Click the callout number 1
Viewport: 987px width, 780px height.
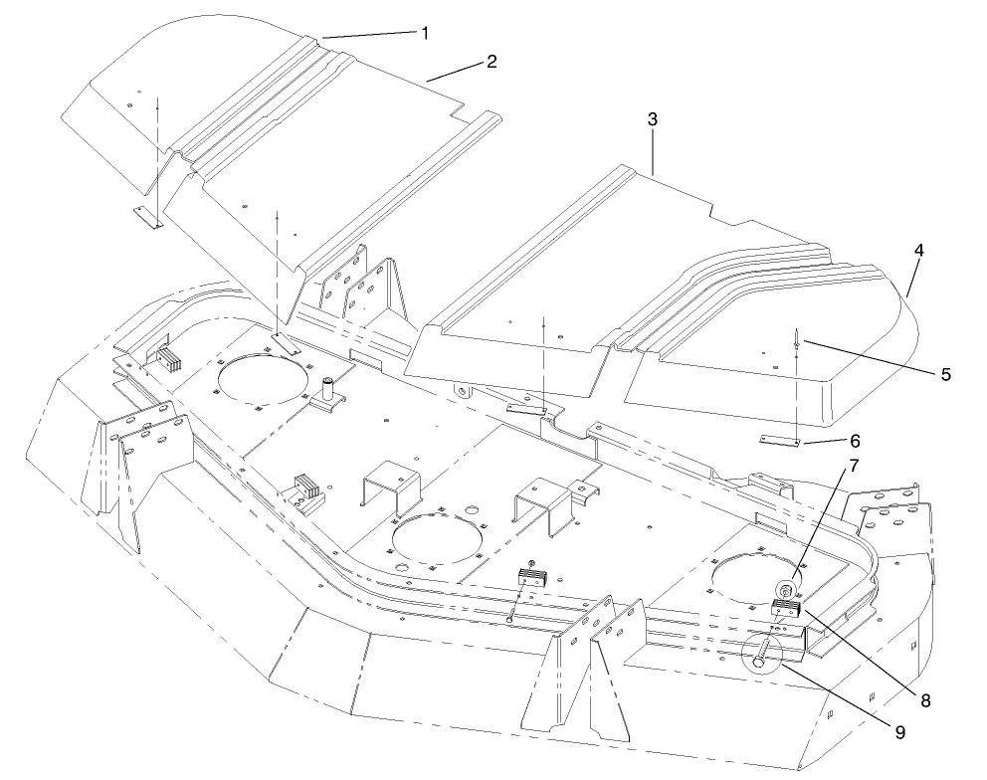[x=425, y=33]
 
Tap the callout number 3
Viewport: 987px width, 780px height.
[x=652, y=118]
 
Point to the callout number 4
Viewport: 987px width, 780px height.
[x=919, y=252]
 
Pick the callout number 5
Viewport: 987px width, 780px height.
[x=945, y=374]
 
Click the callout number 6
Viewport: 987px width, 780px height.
[x=855, y=439]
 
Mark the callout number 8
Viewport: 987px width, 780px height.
[x=924, y=700]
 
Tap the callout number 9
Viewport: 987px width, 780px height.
[x=899, y=732]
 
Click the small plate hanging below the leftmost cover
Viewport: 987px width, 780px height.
[x=150, y=218]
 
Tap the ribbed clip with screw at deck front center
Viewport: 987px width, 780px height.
[x=531, y=577]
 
